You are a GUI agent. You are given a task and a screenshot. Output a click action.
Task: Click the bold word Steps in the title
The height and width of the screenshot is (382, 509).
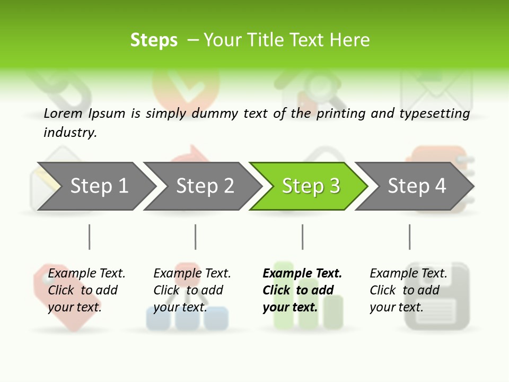(154, 40)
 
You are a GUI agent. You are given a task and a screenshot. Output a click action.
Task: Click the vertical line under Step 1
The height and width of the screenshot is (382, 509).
(89, 237)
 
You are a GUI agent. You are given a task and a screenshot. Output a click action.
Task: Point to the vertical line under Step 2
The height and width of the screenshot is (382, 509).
(196, 237)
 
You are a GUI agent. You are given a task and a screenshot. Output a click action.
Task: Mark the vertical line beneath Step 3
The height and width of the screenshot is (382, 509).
(302, 237)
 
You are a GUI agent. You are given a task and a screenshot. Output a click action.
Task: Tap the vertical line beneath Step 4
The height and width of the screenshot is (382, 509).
(409, 237)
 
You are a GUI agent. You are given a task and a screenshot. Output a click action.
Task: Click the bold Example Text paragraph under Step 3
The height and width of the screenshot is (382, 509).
(302, 290)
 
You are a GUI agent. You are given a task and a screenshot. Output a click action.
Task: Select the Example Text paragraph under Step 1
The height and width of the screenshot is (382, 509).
(86, 290)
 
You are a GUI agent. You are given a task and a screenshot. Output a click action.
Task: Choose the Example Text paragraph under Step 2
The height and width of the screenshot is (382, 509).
(192, 290)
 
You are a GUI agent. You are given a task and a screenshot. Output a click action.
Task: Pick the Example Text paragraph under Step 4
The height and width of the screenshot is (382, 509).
(408, 290)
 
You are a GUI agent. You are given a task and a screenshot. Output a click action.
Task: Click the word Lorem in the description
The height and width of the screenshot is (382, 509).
(63, 113)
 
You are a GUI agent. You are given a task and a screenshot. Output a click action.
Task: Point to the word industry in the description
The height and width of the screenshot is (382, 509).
(70, 132)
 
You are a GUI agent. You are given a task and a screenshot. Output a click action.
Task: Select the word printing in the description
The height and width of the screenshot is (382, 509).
(341, 114)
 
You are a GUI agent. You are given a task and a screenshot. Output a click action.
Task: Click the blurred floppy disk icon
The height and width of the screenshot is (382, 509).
(437, 297)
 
